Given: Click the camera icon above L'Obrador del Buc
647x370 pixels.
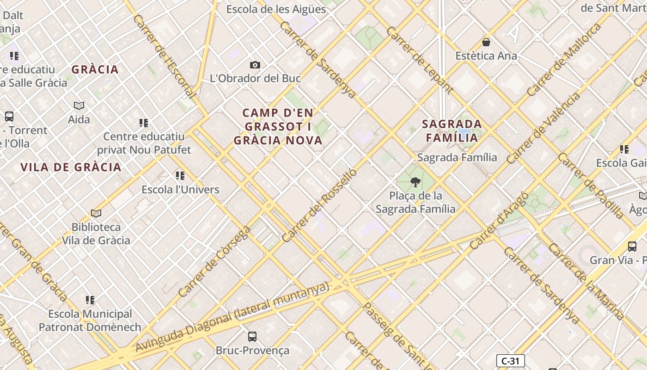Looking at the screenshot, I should point(255,65).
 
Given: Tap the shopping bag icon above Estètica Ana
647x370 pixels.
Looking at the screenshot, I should point(486,43).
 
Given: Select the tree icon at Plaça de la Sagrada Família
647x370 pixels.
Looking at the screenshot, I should point(415,182).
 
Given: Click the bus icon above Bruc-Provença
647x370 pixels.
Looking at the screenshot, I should point(252,337).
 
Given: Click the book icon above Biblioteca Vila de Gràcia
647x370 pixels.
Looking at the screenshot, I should point(96,213).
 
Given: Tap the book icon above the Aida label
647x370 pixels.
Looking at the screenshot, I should point(79,106).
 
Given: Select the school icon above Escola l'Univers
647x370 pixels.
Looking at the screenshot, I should point(180,176).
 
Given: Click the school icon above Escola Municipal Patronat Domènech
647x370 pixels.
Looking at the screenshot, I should point(90,300).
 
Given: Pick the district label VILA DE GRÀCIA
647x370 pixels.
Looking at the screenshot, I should point(71,167).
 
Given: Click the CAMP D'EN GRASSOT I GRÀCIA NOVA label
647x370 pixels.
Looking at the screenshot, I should point(278,127).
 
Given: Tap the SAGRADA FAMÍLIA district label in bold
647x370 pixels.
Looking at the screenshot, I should point(452,131).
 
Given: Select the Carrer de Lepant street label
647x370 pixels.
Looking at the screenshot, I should point(419,60).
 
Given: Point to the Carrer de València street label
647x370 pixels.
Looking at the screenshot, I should point(543,128).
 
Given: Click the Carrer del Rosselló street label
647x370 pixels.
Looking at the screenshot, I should point(319,205).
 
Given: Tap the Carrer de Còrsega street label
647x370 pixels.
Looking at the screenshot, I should point(214,261).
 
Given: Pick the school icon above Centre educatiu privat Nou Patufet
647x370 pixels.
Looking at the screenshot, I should point(144,123).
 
